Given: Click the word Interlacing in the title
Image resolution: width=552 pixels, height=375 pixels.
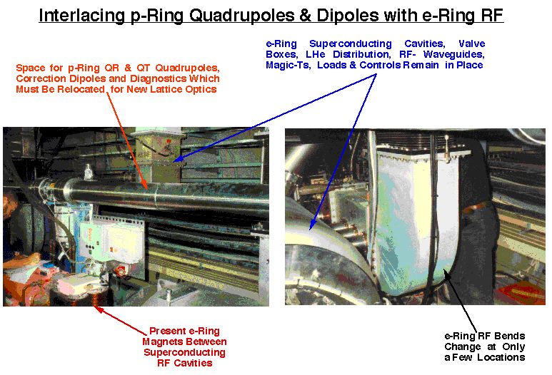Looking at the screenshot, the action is point(81,16).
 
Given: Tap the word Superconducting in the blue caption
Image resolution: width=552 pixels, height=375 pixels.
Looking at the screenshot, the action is point(351,44).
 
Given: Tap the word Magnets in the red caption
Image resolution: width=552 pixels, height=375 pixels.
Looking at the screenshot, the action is point(161,341).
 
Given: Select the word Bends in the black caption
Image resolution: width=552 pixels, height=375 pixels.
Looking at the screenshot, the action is point(510,336).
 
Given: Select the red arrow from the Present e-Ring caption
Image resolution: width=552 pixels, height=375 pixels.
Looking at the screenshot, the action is point(121,320).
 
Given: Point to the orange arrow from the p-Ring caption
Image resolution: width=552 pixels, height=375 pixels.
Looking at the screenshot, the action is point(127,141).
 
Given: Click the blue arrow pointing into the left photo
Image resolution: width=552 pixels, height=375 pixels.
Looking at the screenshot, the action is point(275,118).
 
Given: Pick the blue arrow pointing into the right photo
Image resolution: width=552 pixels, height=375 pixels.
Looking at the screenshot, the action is point(343,151).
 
